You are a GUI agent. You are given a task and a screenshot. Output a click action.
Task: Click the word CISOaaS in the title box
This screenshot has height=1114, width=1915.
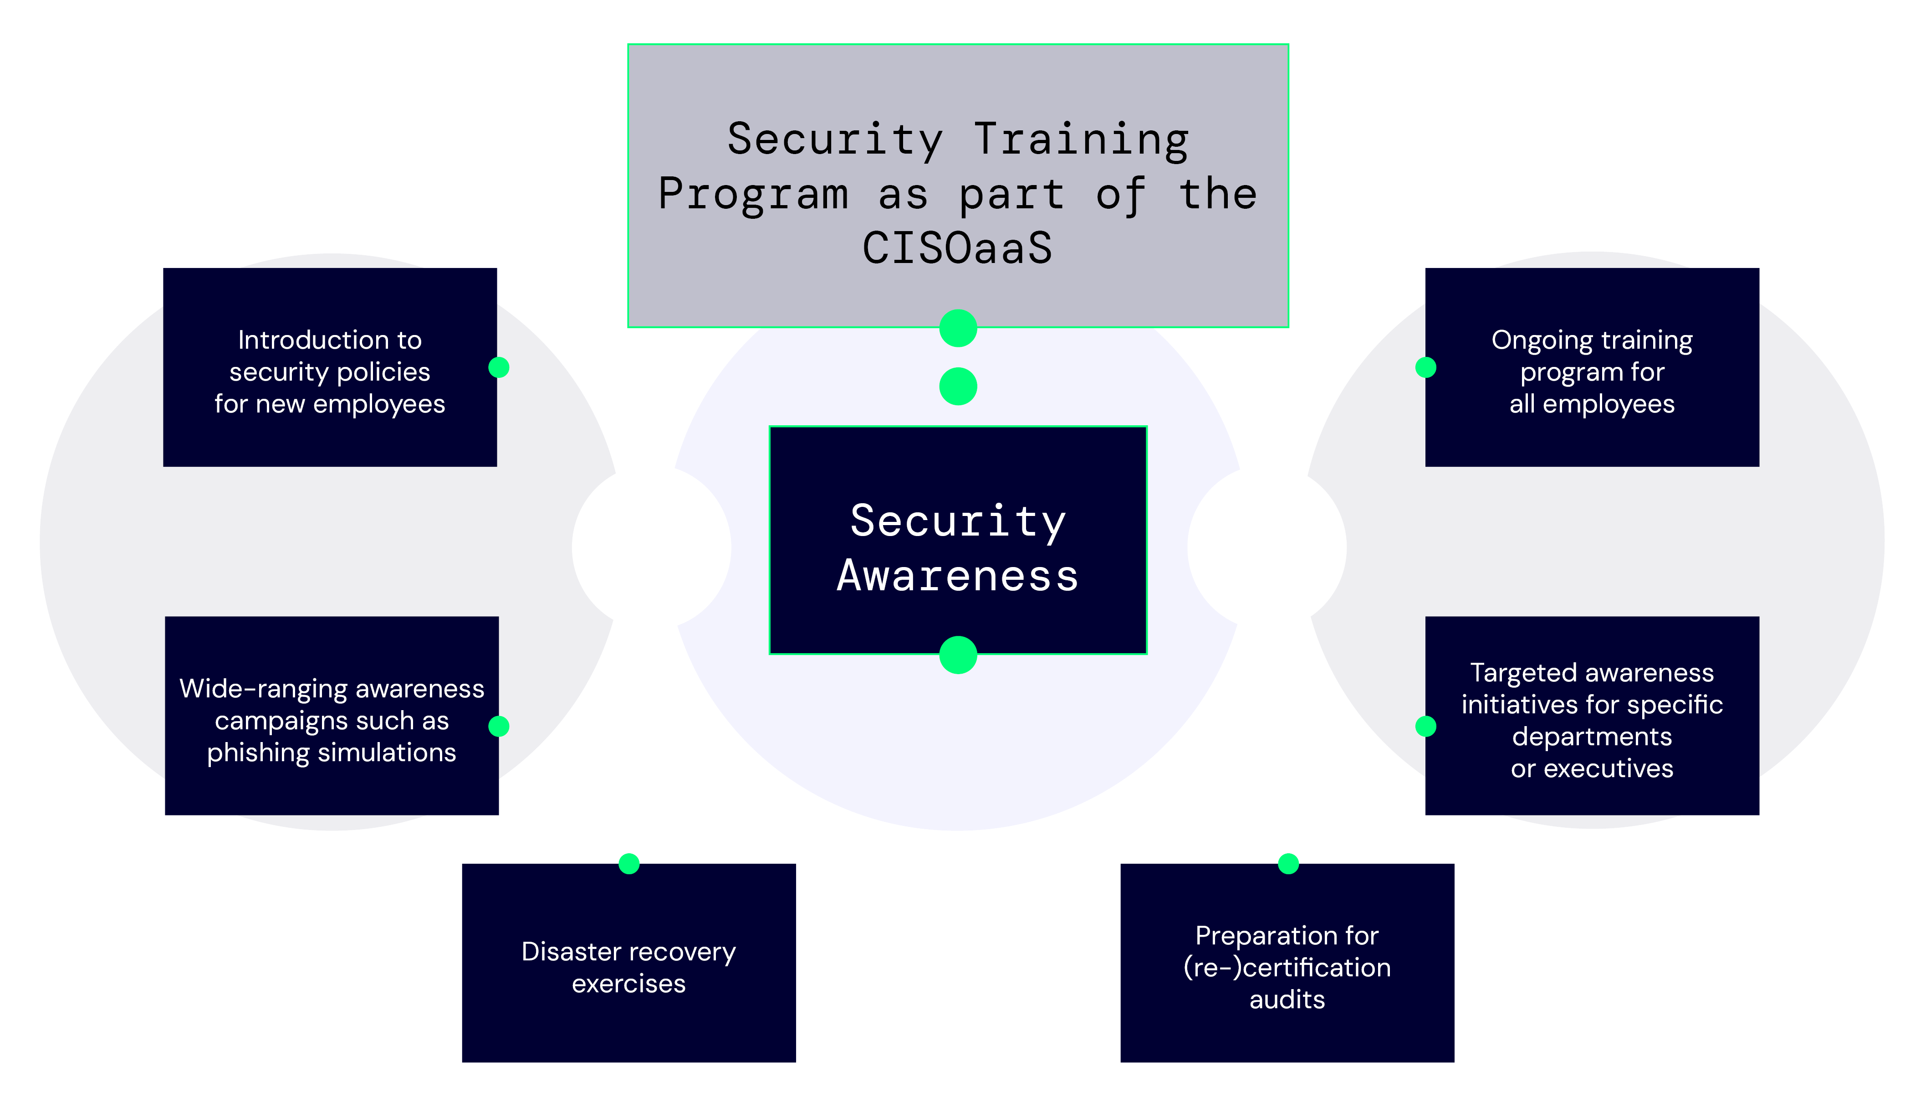coord(957,248)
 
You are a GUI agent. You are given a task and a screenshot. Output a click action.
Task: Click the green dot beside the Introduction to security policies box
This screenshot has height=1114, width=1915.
coord(499,367)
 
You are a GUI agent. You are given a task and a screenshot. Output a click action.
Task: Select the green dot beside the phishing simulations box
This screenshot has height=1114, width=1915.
coord(499,726)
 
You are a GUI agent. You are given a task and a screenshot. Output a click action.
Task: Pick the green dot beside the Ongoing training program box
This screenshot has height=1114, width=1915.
coord(1425,367)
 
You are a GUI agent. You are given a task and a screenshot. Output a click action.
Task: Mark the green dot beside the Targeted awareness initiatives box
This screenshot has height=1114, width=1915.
coord(1425,726)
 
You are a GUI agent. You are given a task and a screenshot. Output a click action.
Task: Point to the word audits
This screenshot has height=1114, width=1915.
coord(1287,999)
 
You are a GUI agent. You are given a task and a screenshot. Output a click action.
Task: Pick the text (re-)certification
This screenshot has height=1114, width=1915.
coord(1287,967)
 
